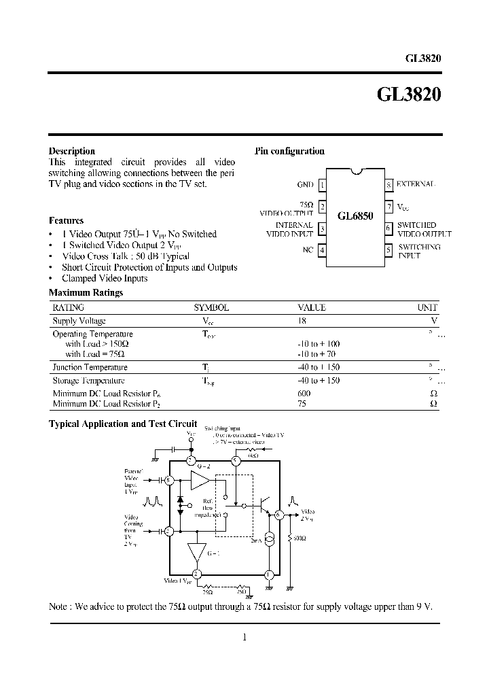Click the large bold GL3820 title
tap(408, 96)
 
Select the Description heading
tap(72, 151)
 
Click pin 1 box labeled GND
tap(323, 184)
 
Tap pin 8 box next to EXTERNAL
tap(388, 184)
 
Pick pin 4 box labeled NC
tap(323, 250)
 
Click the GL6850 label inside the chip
tap(355, 216)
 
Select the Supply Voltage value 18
tap(302, 320)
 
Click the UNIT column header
tap(427, 307)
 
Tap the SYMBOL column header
tap(211, 307)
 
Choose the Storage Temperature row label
tap(88, 381)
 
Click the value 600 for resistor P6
tap(304, 394)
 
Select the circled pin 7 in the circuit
tap(192, 461)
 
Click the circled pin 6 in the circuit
tap(278, 515)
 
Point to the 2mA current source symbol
tap(270, 539)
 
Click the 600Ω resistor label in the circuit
tap(300, 538)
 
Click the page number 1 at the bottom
tap(244, 637)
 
